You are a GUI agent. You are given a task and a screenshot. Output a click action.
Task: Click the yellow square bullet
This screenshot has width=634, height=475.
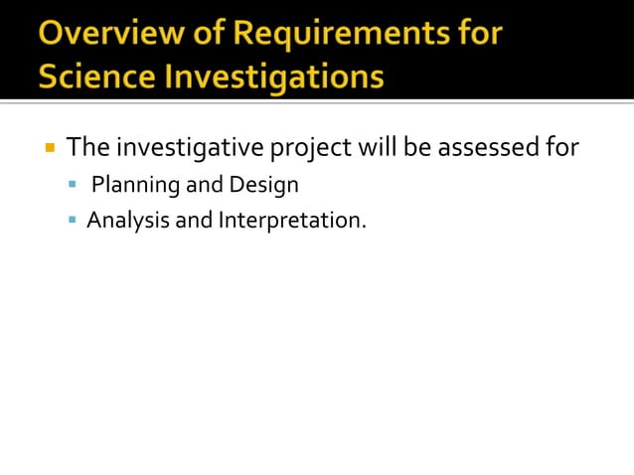pos(49,149)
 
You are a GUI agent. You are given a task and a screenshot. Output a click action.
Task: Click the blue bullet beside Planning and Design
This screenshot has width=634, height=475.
pos(73,185)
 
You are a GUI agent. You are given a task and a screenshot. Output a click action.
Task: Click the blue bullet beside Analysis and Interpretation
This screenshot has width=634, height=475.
pos(73,220)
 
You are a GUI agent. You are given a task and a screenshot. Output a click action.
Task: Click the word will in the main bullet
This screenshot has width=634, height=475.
pos(379,149)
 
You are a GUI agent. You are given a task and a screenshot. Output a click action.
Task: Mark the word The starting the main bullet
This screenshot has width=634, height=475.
pos(87,149)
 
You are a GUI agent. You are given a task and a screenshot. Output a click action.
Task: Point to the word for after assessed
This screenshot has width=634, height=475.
pos(560,149)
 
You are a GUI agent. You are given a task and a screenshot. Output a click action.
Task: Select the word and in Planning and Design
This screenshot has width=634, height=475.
pos(204,185)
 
